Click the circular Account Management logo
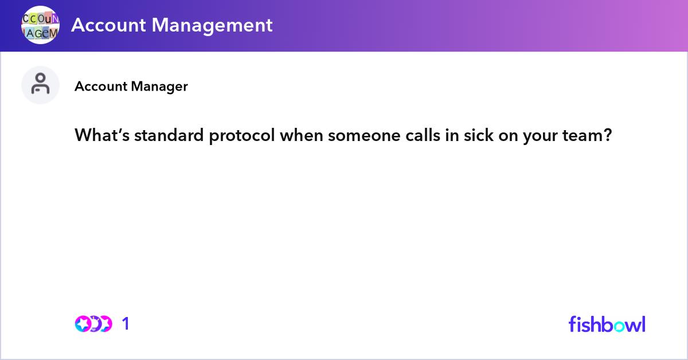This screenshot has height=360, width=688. coord(40,25)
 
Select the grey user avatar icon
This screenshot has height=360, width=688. coord(40,85)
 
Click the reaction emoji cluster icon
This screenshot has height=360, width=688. coord(93,324)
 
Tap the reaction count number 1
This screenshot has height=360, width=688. coord(126,324)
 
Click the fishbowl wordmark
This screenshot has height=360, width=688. coord(607,324)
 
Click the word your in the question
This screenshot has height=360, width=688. coord(536,136)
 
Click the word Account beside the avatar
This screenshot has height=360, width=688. coord(101,87)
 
